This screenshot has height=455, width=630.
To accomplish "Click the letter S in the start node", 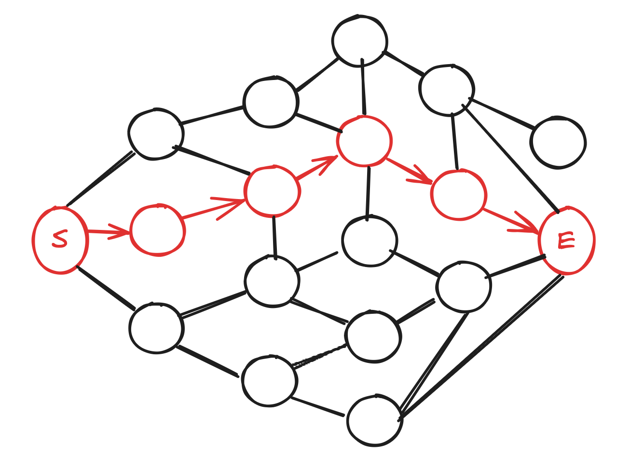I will [x=60, y=239].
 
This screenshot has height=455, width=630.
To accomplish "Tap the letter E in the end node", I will [x=566, y=241].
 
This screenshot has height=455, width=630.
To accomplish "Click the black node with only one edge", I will [x=558, y=143].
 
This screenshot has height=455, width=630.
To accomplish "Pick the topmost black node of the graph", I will [x=359, y=41].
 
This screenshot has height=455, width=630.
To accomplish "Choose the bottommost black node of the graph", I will [x=375, y=420].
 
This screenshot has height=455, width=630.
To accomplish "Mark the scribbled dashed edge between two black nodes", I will [x=319, y=357].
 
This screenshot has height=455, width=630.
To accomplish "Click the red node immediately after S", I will [x=157, y=230].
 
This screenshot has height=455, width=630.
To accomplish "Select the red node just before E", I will [x=458, y=195].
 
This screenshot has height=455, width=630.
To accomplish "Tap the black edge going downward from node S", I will [x=106, y=288].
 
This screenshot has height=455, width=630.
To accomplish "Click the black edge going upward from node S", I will [x=100, y=179].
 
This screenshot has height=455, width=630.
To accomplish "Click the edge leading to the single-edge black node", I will [x=502, y=114].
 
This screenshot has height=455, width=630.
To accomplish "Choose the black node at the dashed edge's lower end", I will [x=269, y=381].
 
